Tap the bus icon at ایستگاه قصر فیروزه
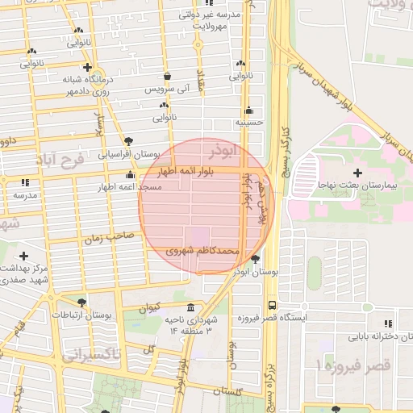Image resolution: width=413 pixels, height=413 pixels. [x=272, y=306]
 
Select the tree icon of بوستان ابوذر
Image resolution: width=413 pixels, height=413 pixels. [x=256, y=260]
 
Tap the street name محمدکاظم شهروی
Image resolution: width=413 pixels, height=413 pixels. [x=202, y=251]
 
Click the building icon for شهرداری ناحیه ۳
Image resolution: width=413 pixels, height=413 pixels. [x=190, y=309]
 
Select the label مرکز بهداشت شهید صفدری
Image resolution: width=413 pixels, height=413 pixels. [x=23, y=273]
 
